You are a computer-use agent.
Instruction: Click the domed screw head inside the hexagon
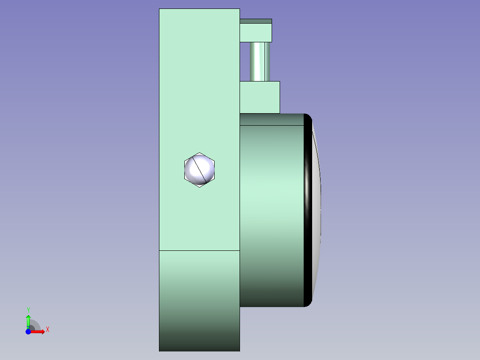point(199,170)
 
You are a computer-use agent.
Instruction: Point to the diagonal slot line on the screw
point(199,170)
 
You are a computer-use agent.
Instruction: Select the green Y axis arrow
point(28,322)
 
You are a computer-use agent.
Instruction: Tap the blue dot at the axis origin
point(28,331)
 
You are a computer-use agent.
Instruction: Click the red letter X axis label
point(48,330)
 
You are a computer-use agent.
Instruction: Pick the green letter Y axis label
point(28,310)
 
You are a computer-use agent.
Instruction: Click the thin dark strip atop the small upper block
point(256,21)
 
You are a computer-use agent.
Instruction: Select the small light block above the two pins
point(256,33)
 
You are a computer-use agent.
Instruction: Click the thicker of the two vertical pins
point(257,61)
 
